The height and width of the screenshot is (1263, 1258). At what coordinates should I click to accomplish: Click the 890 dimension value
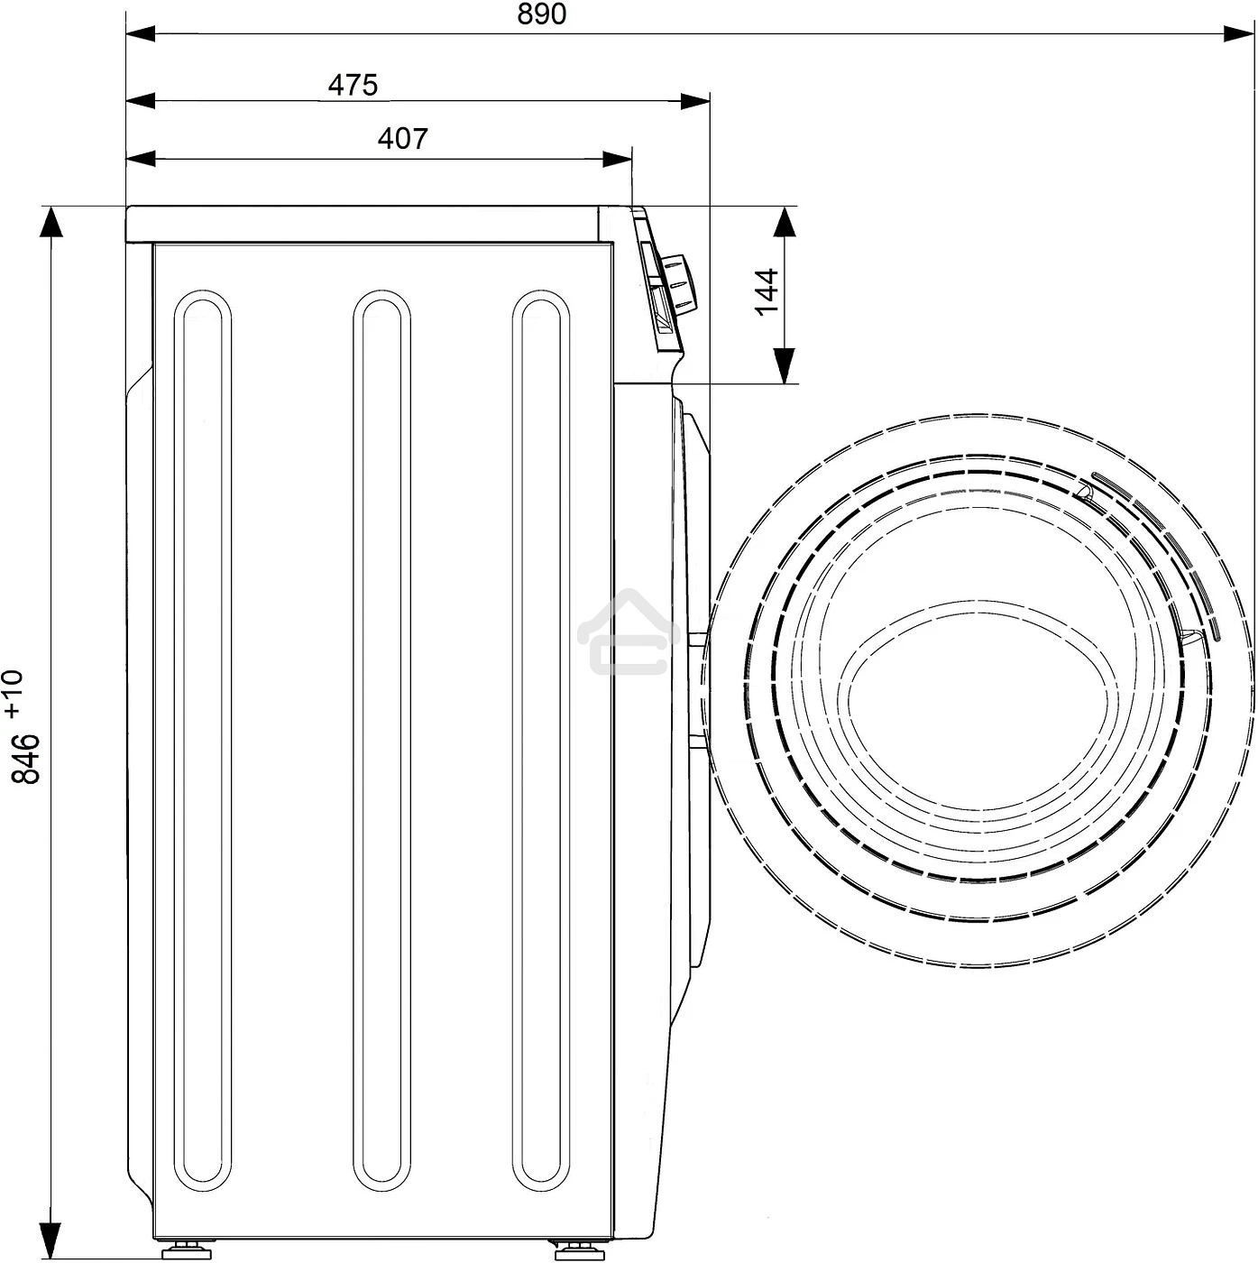541,14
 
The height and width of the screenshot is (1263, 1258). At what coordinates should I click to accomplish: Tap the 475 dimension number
354,85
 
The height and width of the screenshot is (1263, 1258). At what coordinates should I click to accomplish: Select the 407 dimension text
403,138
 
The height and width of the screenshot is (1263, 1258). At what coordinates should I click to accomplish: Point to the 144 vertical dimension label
766,291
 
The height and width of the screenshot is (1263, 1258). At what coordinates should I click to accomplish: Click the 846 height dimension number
26,759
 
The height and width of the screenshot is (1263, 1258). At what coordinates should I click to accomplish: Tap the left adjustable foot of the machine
187,1249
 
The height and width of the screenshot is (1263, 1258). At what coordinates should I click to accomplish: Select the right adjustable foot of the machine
579,1249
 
